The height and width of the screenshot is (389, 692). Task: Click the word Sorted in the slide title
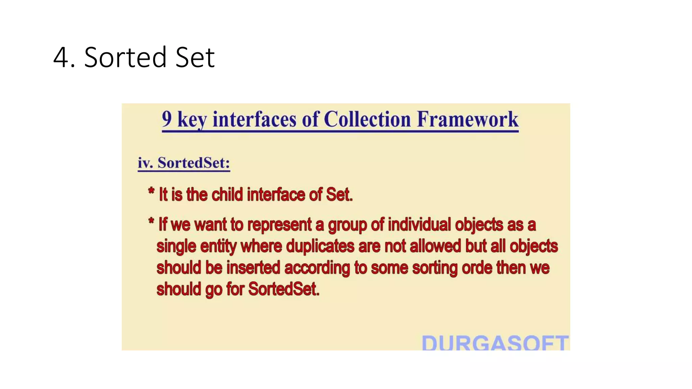tap(125, 58)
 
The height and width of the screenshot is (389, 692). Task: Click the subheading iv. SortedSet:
tap(184, 163)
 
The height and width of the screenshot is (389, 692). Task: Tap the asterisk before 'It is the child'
tap(151, 191)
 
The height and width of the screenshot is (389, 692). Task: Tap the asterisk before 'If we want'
tap(151, 221)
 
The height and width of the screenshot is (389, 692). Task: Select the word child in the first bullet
tap(227, 195)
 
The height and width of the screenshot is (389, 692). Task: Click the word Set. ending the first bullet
tap(339, 195)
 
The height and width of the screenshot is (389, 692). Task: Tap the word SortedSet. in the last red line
tap(284, 289)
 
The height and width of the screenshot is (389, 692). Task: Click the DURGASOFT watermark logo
tap(495, 342)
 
